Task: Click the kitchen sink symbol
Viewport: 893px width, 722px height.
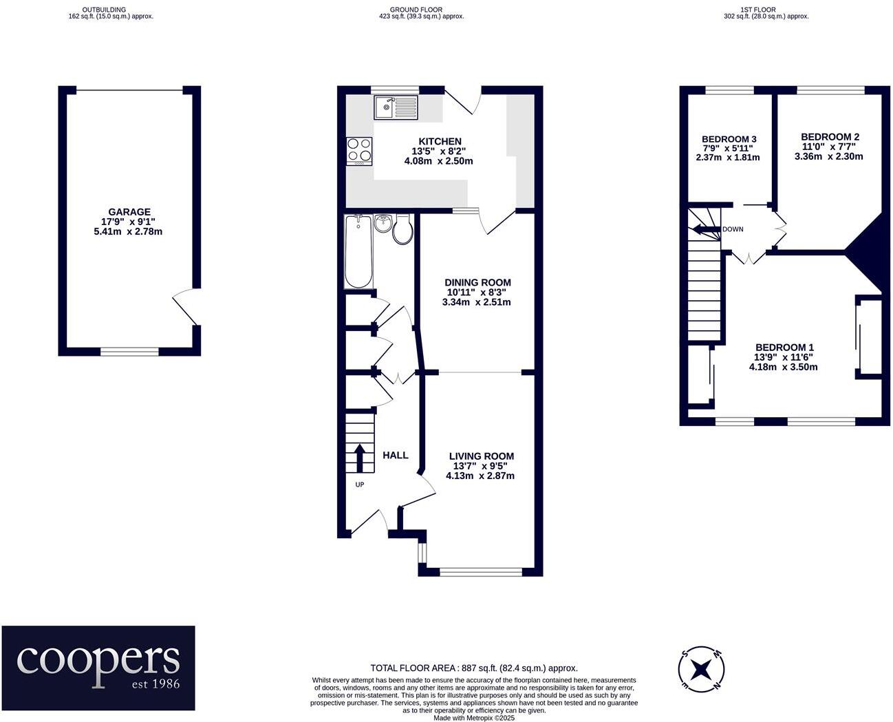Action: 395,107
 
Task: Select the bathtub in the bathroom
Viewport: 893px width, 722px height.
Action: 358,252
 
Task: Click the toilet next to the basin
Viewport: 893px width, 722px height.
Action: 402,230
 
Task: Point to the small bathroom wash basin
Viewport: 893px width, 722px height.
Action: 383,223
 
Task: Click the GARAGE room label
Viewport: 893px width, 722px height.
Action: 129,212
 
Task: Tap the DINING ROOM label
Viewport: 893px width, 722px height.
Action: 477,282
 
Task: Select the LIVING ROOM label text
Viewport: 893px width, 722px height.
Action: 481,456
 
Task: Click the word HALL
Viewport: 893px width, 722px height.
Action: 395,455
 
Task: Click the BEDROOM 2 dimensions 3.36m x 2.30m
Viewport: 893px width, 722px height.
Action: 828,156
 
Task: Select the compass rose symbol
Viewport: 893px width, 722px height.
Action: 701,668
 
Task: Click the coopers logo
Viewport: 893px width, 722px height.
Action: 98,668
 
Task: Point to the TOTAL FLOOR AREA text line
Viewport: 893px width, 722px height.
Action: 474,668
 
